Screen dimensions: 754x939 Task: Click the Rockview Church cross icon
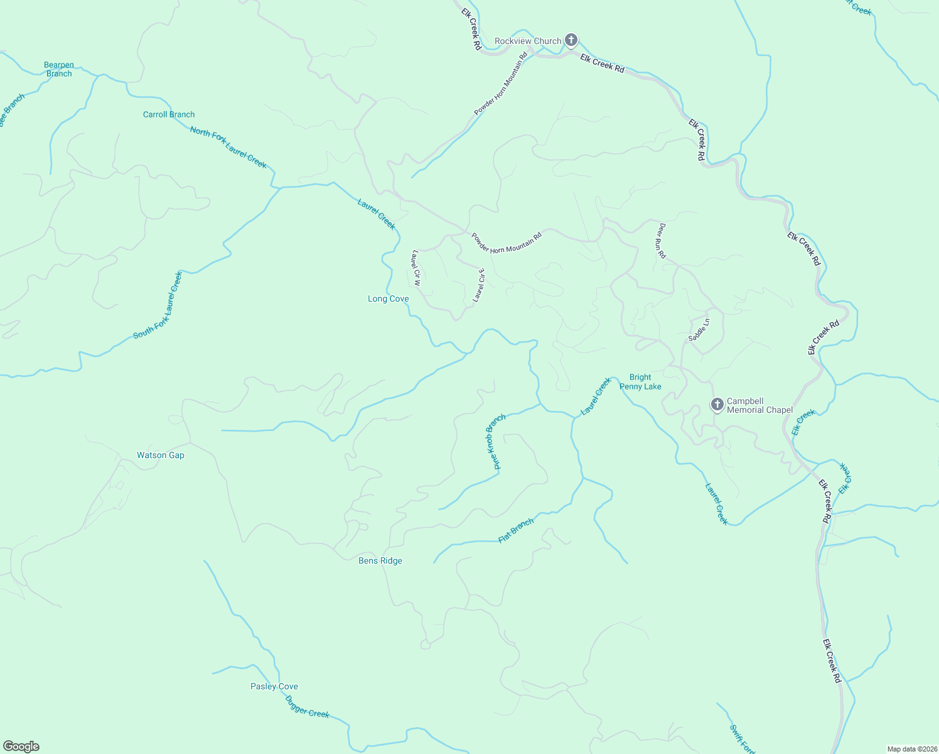click(x=571, y=41)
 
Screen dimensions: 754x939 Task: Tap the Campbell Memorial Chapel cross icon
click(x=717, y=405)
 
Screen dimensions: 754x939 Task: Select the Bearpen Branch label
click(x=59, y=69)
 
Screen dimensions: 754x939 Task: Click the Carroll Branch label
click(x=169, y=114)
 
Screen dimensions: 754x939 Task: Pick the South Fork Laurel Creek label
click(x=158, y=305)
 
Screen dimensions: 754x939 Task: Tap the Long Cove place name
click(x=388, y=298)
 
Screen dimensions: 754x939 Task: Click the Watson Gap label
click(x=161, y=455)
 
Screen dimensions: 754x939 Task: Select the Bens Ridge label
click(x=380, y=560)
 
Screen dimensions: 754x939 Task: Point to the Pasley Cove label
click(x=274, y=686)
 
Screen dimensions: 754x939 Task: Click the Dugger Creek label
click(x=307, y=706)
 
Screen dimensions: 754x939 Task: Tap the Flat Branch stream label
click(x=516, y=531)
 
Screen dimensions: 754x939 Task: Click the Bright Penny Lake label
click(x=640, y=382)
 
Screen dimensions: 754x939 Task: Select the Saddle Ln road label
click(x=699, y=330)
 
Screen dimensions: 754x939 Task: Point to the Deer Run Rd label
click(x=661, y=241)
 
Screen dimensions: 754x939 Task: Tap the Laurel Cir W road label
click(x=416, y=268)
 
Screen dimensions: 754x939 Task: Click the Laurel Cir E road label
click(x=479, y=285)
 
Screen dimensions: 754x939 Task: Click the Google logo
click(x=21, y=746)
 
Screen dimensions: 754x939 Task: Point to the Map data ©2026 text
click(x=911, y=749)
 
